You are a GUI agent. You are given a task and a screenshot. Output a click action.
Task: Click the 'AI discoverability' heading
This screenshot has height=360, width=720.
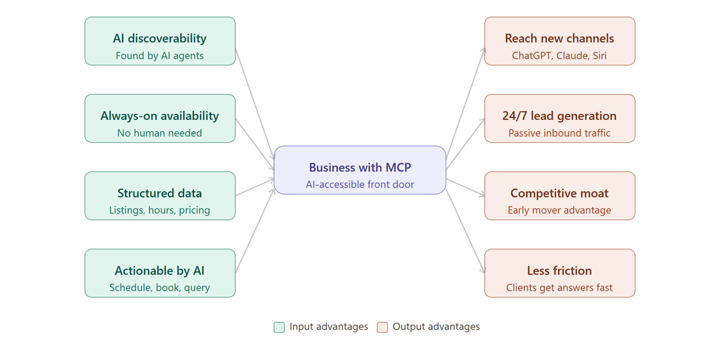pos(159,39)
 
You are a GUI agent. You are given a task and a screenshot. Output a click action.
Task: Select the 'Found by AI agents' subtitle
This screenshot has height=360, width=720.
pos(159,56)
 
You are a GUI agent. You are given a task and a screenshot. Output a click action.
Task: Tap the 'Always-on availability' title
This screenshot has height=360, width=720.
pos(159,116)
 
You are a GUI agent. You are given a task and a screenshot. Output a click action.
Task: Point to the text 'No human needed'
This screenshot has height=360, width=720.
pos(159,133)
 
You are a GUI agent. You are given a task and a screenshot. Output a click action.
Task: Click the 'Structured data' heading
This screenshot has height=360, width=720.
pos(159,193)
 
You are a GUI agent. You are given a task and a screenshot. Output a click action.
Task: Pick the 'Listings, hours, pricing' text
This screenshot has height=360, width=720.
pos(159,211)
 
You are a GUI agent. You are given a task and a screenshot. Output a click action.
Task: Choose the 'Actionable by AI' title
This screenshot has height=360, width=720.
pos(159,271)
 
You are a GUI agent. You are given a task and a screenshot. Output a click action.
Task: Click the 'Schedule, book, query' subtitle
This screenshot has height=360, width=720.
pos(159,288)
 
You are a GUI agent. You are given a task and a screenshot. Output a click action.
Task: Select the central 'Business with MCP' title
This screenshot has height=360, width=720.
pos(359,167)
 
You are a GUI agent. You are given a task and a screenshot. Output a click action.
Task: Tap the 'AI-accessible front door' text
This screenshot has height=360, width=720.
pos(359,185)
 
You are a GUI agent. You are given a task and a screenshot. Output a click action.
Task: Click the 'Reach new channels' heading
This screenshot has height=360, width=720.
pos(559,39)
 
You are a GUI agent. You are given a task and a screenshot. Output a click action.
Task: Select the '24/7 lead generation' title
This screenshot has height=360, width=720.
pos(559,116)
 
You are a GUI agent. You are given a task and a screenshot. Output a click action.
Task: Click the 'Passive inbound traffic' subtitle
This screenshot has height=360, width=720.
pos(559,133)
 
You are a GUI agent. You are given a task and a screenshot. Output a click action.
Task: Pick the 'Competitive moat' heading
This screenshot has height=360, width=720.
pos(559,193)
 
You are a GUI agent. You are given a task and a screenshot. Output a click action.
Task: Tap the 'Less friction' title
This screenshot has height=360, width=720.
pos(559,271)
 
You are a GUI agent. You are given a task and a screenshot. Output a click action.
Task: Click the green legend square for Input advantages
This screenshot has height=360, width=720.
pos(279,327)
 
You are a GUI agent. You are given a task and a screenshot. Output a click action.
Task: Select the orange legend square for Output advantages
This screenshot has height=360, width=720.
pos(382,327)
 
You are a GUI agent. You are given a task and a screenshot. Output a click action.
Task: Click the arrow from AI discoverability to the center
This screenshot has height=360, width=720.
pos(255,103)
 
